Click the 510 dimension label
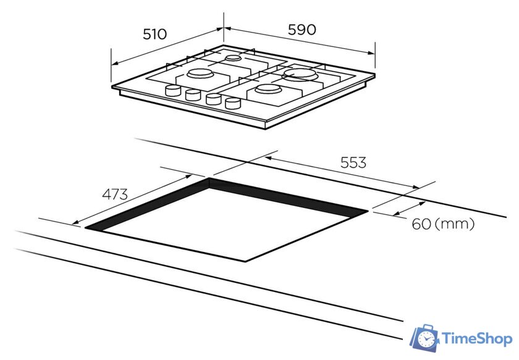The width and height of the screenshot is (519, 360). click(154, 35)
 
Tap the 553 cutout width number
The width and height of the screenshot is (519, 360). click(353, 162)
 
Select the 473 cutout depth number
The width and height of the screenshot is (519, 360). click(114, 194)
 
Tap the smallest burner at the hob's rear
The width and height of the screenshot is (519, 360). click(232, 59)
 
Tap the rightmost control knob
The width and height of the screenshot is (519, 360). click(232, 103)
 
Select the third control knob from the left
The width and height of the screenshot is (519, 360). click(213, 99)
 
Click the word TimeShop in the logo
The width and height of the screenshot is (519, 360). click(476, 338)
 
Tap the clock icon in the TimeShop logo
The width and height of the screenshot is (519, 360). click(427, 339)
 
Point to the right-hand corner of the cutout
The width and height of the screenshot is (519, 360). click(368, 212)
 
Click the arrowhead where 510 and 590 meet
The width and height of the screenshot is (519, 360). click(223, 28)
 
